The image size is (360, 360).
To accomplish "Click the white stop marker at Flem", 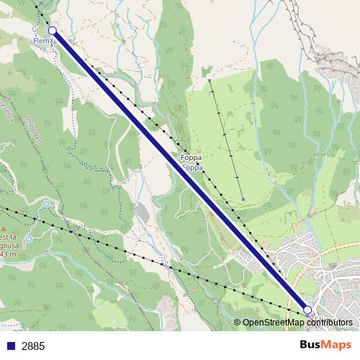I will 53,30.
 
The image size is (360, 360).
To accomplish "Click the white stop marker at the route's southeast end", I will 307,310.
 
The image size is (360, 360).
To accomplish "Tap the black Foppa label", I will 191,157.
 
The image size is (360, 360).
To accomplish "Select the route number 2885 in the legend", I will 33,346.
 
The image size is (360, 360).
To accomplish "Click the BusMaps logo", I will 325,345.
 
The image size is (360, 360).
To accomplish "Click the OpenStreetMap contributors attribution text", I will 297,323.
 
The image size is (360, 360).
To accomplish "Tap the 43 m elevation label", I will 8,254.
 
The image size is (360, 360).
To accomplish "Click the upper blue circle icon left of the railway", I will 46,204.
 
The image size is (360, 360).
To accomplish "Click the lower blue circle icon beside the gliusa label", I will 28,238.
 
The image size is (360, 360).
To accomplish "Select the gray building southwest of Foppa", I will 143,212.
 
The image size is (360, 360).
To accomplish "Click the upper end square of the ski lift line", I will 209,81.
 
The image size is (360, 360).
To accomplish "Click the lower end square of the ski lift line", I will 244,199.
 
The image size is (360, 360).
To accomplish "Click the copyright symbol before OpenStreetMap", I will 238,323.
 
